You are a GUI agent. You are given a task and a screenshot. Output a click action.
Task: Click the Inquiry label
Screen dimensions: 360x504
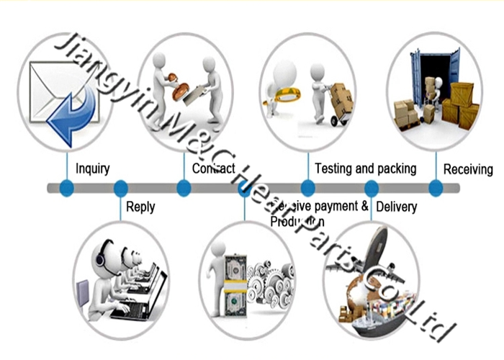[x=93, y=169]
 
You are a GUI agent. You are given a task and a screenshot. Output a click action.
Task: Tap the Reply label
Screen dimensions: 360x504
[x=140, y=207]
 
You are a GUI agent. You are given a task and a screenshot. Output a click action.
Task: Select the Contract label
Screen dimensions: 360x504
[x=214, y=169]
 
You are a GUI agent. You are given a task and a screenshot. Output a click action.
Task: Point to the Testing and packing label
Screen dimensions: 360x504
[x=366, y=168]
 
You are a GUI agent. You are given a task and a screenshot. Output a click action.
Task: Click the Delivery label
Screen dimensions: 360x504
[x=397, y=207]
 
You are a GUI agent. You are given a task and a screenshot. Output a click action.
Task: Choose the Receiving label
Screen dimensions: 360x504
[x=468, y=170]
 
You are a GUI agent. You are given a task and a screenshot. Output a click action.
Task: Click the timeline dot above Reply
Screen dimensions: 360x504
[x=121, y=189]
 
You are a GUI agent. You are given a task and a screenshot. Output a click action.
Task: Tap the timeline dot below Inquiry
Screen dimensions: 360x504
[x=67, y=189]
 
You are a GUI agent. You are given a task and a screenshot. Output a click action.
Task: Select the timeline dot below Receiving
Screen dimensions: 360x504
[x=436, y=189]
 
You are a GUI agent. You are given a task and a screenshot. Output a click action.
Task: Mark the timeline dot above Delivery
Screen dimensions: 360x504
[x=372, y=189]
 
